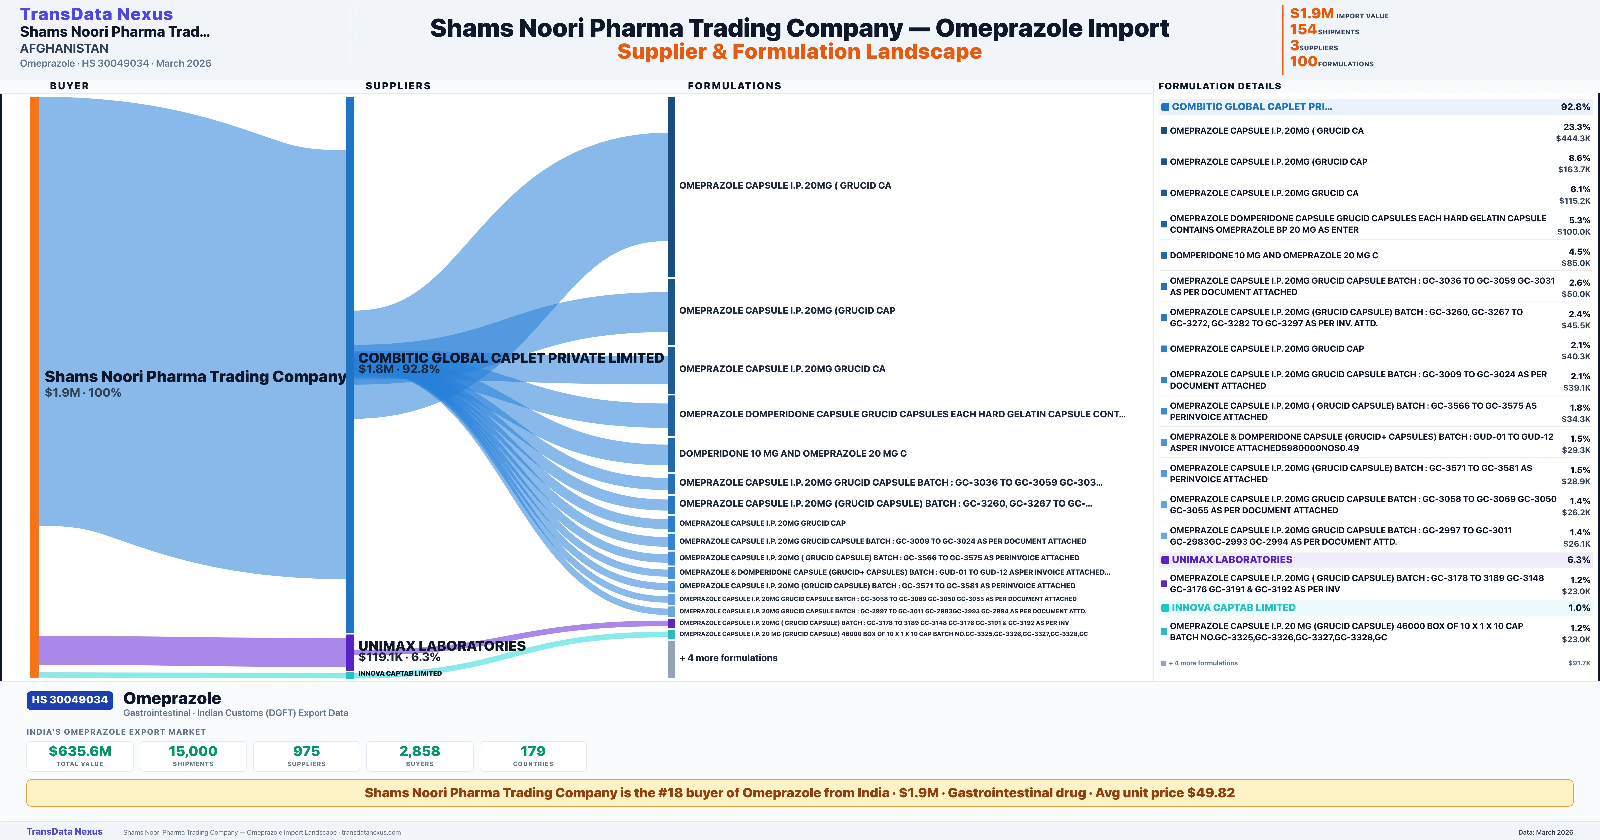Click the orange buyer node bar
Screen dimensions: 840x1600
34,385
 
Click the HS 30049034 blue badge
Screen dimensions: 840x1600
70,700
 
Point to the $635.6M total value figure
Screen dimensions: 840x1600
80,751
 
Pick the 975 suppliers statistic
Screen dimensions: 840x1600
306,751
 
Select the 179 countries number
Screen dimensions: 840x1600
533,751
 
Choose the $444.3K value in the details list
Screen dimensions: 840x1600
1573,139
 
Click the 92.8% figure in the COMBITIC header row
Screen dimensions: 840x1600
1575,107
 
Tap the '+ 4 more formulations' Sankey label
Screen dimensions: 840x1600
728,658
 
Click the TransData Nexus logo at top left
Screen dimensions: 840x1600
96,14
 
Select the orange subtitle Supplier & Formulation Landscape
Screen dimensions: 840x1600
799,52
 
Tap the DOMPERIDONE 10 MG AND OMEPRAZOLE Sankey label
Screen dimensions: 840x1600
793,454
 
